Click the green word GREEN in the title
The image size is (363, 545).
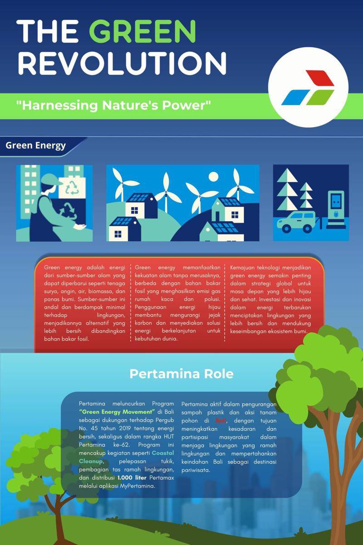(x=142, y=31)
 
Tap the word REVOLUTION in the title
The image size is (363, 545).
(x=123, y=63)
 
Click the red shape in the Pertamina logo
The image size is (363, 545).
(x=320, y=78)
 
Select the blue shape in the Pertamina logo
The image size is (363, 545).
(x=296, y=97)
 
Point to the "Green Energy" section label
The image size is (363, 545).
(x=36, y=145)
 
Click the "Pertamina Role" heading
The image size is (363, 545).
(x=181, y=374)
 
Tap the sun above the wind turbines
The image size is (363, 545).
(x=213, y=177)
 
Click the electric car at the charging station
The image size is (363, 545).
(x=296, y=222)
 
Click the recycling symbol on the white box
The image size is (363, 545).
(x=73, y=188)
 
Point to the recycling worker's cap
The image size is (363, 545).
(x=50, y=179)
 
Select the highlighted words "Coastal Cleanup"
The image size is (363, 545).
(x=127, y=457)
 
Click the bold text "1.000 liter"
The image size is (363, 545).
(x=132, y=478)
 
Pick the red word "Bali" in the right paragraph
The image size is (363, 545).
(x=221, y=421)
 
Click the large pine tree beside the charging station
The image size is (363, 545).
(x=287, y=189)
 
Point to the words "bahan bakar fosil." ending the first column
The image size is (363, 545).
(x=67, y=339)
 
